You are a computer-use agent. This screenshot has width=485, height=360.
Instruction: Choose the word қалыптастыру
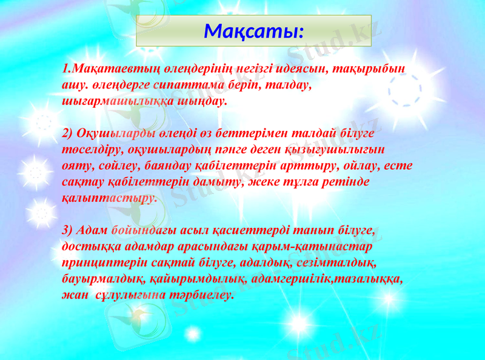(x=109, y=197)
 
